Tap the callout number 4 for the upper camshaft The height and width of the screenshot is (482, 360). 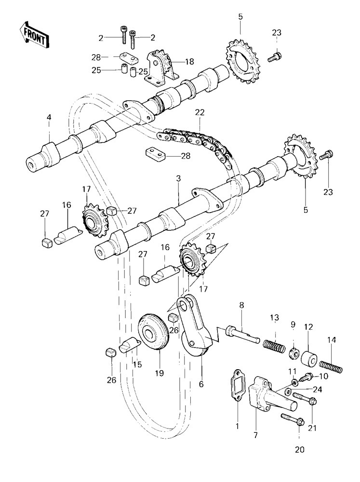pos(49,117)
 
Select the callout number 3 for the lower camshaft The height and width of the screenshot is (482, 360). pos(178,179)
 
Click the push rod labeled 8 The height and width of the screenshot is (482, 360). pos(244,333)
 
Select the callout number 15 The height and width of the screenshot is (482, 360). pos(137,364)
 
